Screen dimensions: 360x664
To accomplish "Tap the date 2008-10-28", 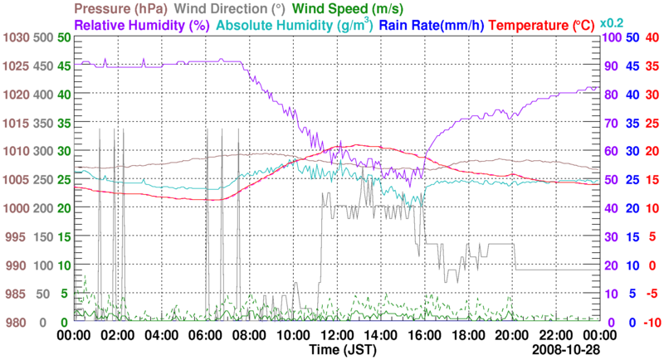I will [x=565, y=351].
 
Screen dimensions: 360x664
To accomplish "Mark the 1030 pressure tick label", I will [x=14, y=38].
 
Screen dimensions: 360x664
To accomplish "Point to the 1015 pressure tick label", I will [x=14, y=124].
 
